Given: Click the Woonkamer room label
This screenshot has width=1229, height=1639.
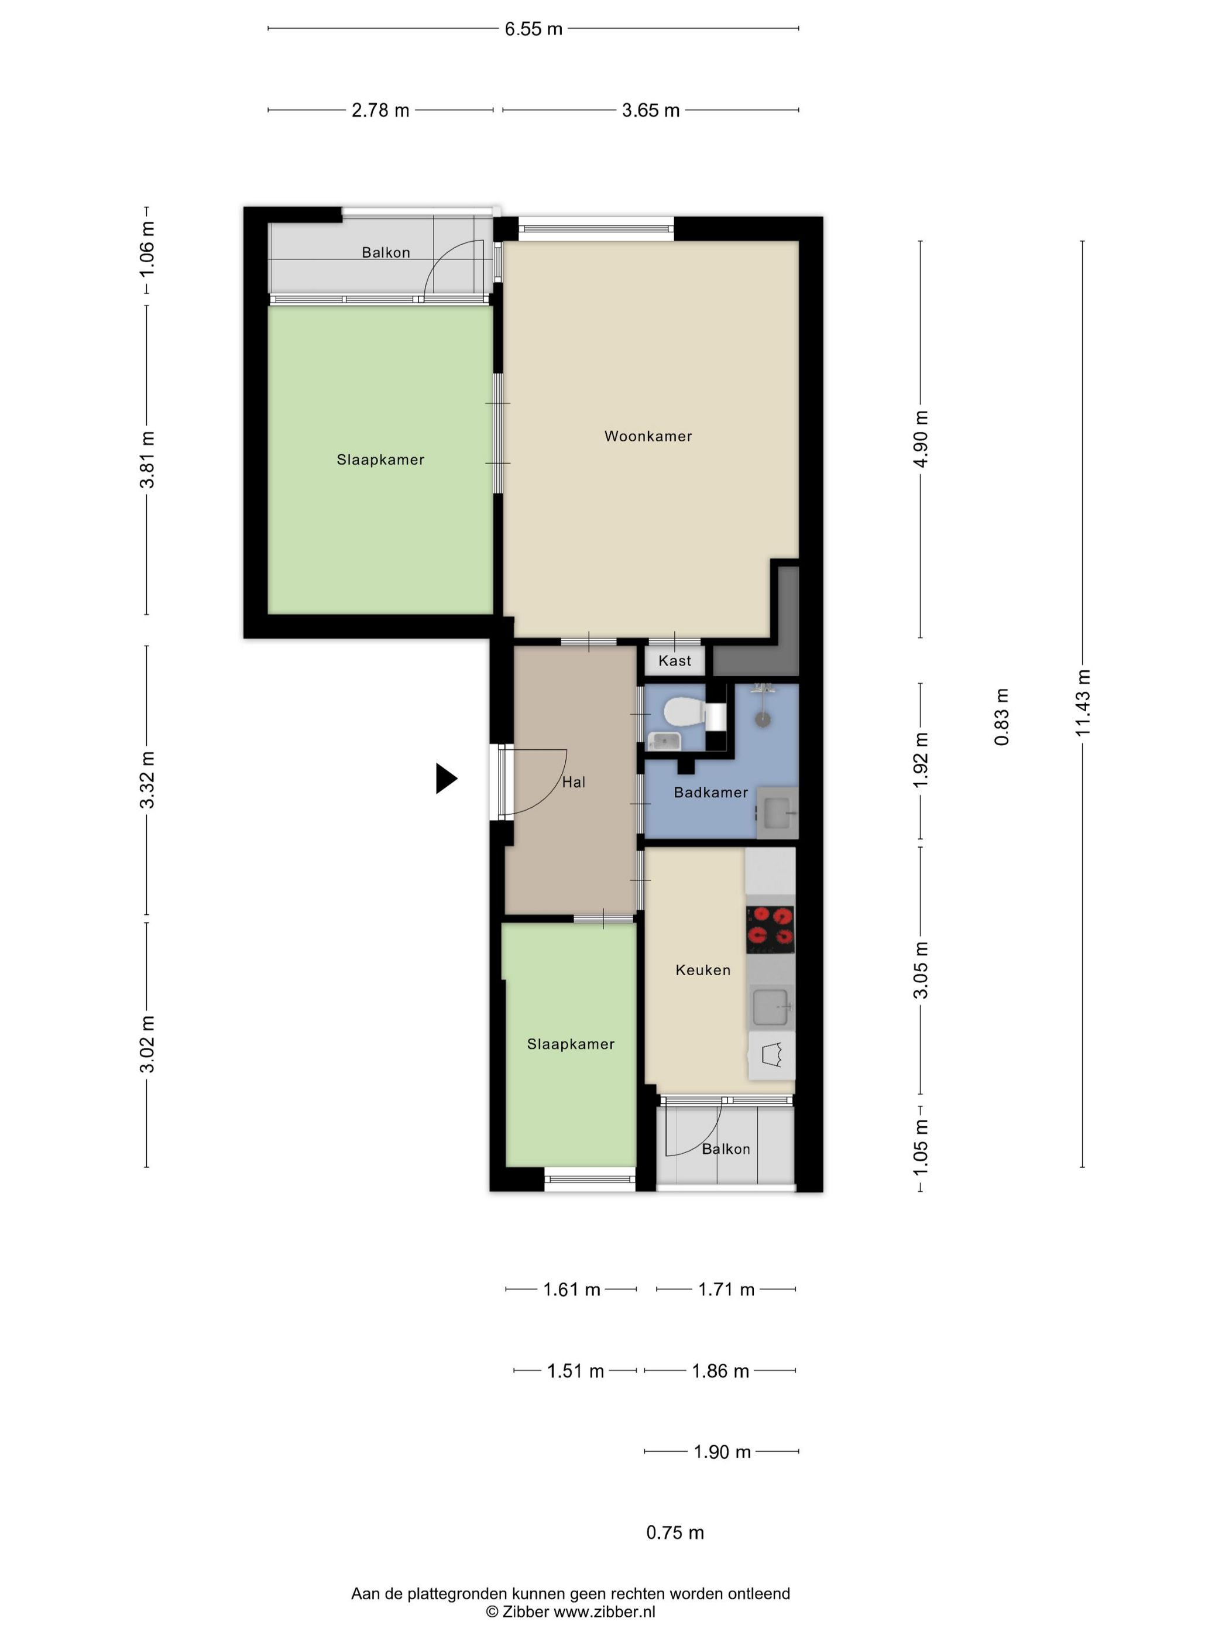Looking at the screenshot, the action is pyautogui.click(x=648, y=437).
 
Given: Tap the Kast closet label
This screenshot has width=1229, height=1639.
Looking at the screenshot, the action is pyautogui.click(x=674, y=661).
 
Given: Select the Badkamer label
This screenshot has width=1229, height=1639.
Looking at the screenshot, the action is pyautogui.click(x=710, y=793).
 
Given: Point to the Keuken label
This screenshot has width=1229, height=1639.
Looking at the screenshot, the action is pyautogui.click(x=702, y=970).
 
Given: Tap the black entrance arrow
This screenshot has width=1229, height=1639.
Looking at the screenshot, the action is pyautogui.click(x=446, y=779).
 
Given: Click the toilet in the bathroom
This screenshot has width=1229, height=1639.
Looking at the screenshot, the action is pyautogui.click(x=683, y=713).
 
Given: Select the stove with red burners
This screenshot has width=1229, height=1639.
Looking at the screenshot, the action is pyautogui.click(x=770, y=929).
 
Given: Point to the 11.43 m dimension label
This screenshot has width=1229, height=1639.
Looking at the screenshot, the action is pyautogui.click(x=1084, y=702).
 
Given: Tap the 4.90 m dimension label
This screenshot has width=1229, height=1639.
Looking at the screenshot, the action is pyautogui.click(x=921, y=438).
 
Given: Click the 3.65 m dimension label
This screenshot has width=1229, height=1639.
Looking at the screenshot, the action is pyautogui.click(x=650, y=111).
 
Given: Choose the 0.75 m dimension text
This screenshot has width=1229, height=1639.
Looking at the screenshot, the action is pyautogui.click(x=675, y=1532).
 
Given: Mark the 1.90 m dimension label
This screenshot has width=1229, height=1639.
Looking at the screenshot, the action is pyautogui.click(x=722, y=1452).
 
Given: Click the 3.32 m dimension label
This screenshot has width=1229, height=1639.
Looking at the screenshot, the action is pyautogui.click(x=148, y=780).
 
